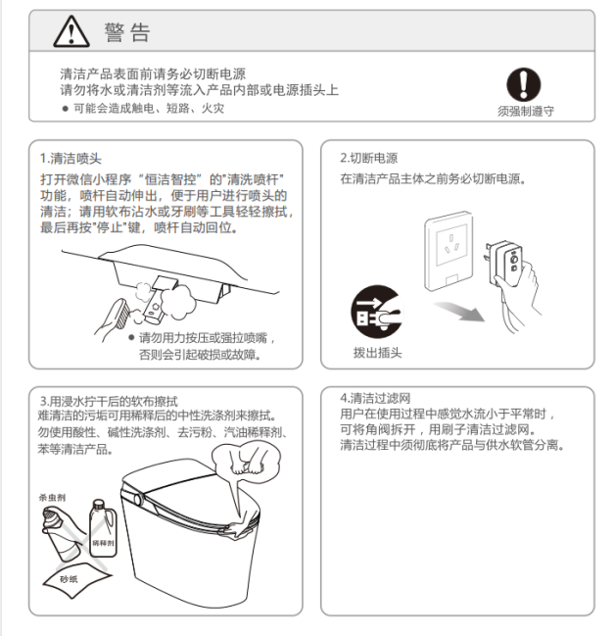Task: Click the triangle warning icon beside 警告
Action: click(x=71, y=31)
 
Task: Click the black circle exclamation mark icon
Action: click(x=523, y=84)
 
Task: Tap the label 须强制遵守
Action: click(x=526, y=111)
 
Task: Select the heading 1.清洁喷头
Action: click(x=71, y=158)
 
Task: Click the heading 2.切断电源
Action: click(x=369, y=158)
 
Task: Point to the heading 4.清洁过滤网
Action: click(x=375, y=398)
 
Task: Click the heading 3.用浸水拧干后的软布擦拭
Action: click(x=109, y=401)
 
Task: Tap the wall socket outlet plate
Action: click(x=449, y=251)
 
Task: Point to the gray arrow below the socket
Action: click(x=460, y=311)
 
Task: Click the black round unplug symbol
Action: click(x=377, y=311)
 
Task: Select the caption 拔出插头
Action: click(x=377, y=353)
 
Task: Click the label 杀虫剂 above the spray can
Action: click(x=52, y=497)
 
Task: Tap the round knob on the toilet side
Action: click(x=138, y=499)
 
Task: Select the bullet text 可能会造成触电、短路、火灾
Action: click(x=149, y=109)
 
